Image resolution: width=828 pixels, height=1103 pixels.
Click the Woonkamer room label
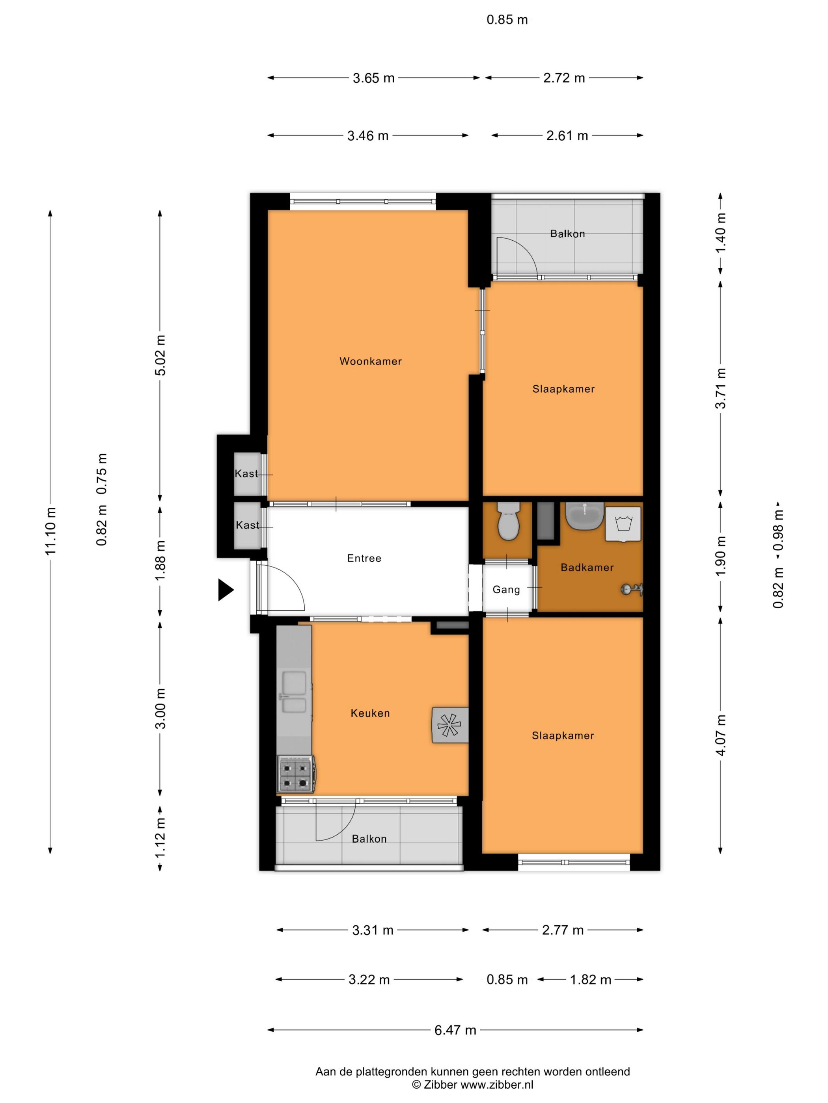tap(370, 361)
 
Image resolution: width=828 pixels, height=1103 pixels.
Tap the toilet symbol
tap(509, 521)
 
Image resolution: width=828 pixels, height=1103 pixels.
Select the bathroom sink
tap(584, 516)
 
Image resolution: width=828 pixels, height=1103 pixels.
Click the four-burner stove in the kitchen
tap(295, 774)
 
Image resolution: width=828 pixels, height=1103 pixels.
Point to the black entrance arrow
tap(226, 589)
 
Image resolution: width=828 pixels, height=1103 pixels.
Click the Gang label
tap(506, 589)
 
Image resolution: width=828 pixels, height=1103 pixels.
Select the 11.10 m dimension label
tap(50, 531)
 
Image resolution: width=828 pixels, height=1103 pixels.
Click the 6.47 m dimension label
tap(455, 1030)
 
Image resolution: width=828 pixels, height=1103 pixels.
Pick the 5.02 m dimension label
tap(160, 355)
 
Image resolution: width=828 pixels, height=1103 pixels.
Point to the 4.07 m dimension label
tap(720, 735)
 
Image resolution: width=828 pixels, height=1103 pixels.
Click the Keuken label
tap(370, 713)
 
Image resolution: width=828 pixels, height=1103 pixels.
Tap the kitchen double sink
tap(295, 692)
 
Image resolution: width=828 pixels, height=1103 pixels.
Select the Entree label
tap(364, 558)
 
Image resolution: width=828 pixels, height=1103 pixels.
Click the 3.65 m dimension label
tap(374, 78)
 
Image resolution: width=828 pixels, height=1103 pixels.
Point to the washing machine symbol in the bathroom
tap(623, 524)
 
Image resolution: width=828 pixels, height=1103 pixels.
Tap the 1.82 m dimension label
tap(590, 979)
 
